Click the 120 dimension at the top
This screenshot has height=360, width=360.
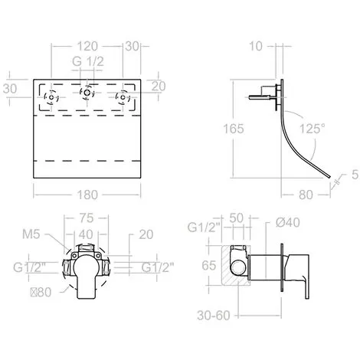point(87,47)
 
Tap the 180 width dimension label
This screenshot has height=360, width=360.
point(87,195)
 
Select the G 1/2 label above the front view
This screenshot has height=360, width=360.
point(88,61)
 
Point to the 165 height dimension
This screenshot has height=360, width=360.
point(234,129)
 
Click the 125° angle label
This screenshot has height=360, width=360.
point(313,129)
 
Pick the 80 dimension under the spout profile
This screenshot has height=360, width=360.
point(306,195)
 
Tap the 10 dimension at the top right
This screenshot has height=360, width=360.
point(255,46)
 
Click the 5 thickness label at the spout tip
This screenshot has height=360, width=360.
point(355,175)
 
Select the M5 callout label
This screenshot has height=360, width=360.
point(31,234)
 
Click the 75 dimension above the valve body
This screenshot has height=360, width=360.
point(87,218)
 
